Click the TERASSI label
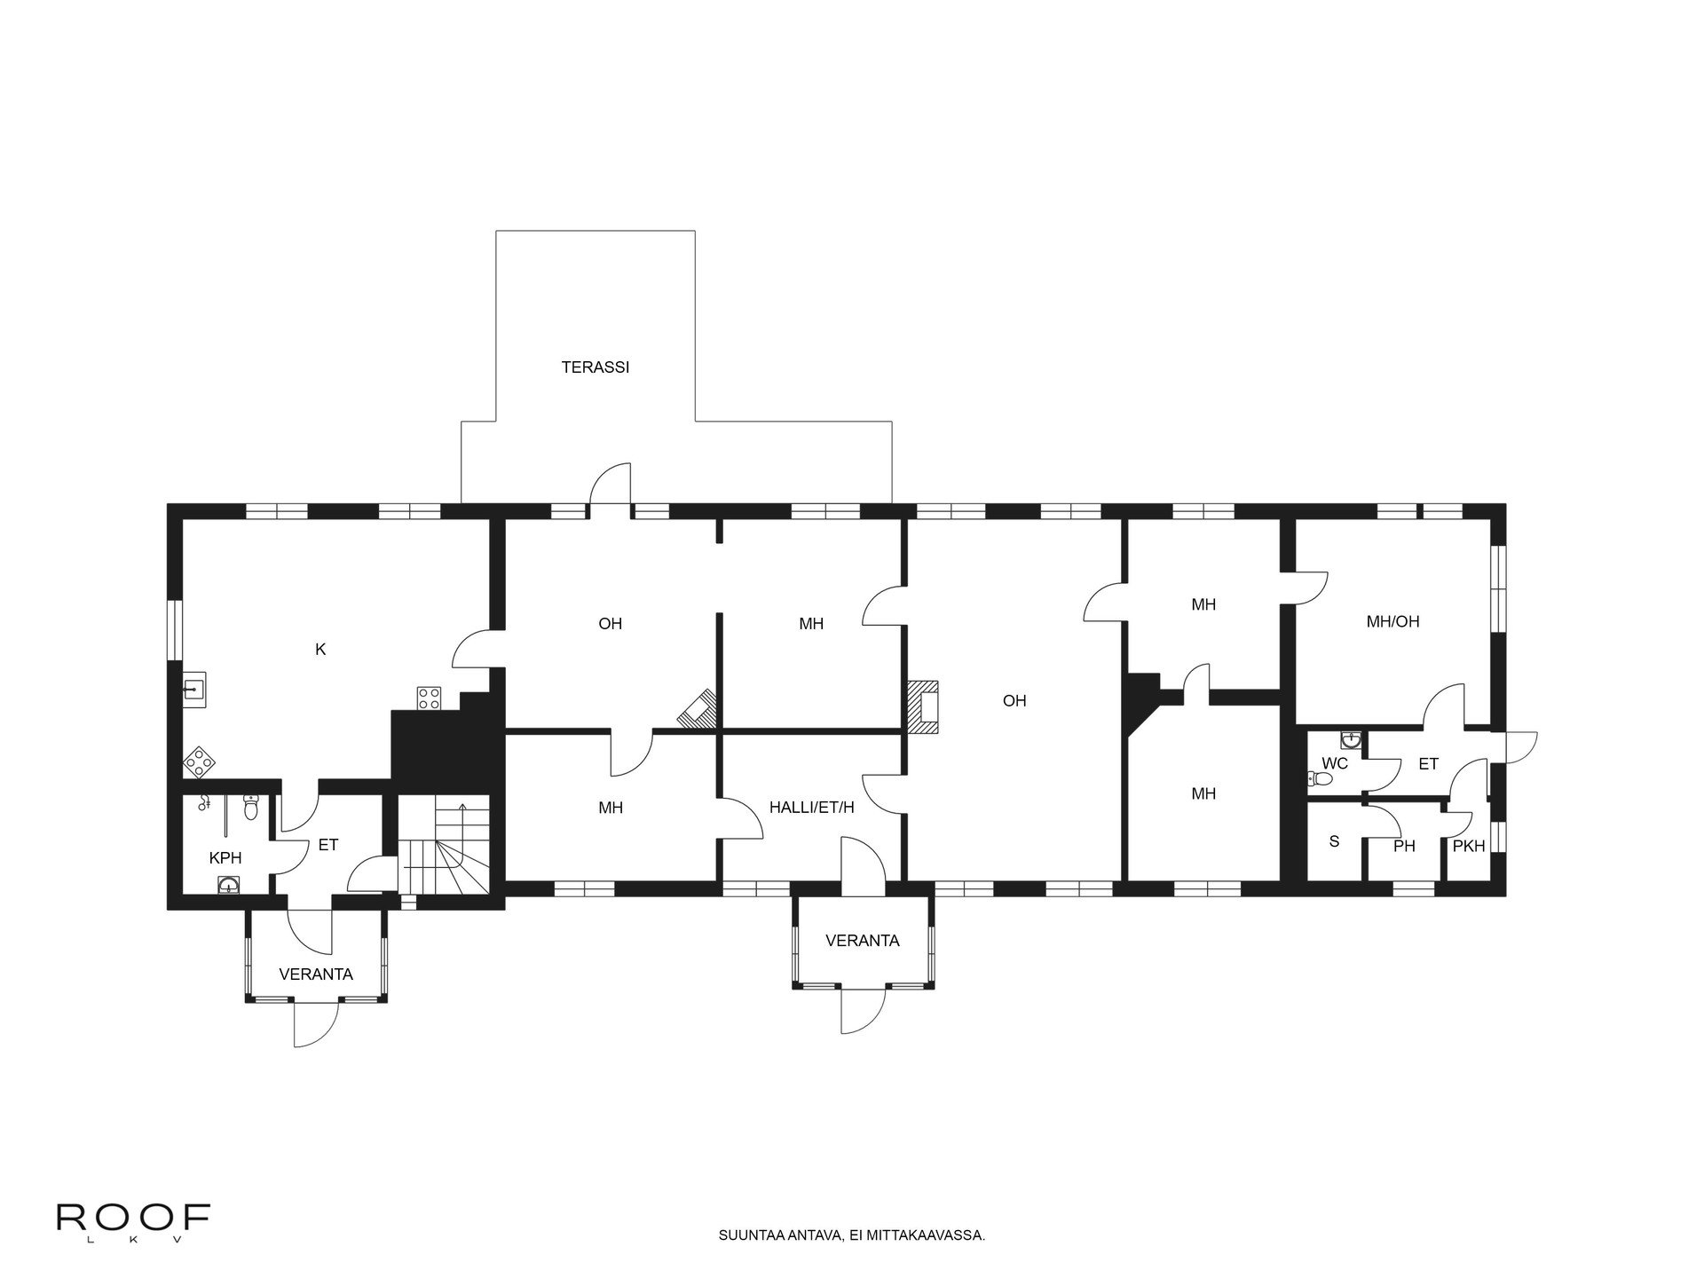pos(595,367)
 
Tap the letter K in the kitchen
pos(320,650)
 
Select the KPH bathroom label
pos(225,858)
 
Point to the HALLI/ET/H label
pos(811,808)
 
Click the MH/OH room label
pos(1392,622)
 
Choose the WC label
pos(1335,763)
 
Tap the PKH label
pos(1469,847)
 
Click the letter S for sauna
pos(1334,841)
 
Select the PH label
pos(1404,847)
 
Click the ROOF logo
pos(133,1218)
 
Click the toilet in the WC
pos(1320,779)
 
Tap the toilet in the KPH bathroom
pos(251,807)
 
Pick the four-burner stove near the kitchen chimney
pos(430,698)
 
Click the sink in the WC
pos(1350,738)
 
